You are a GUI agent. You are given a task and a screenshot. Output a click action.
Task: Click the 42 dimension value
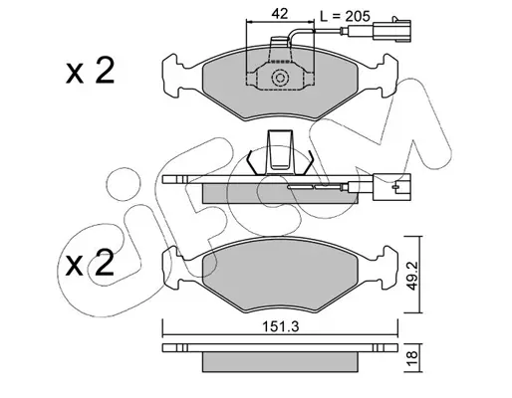(280, 14)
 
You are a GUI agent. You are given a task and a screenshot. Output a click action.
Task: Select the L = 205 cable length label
(345, 15)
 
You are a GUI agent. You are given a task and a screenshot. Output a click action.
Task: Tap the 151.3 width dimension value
(281, 327)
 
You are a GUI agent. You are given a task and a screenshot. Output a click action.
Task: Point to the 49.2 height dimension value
(412, 275)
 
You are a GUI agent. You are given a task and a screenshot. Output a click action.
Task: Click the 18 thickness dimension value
(412, 357)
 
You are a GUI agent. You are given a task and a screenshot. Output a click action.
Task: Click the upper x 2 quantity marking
(91, 71)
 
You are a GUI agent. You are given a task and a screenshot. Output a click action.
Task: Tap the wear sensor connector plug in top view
(392, 31)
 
